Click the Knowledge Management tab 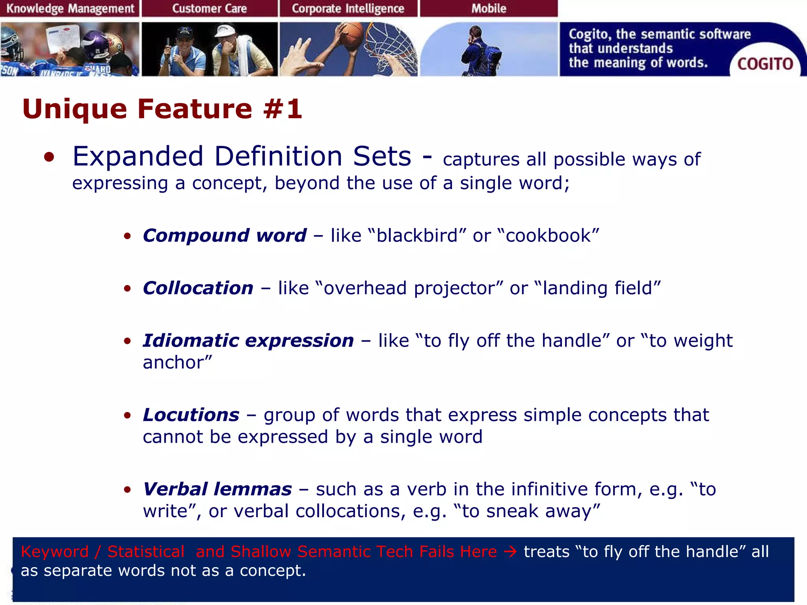[x=70, y=8]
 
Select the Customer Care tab [x=209, y=8]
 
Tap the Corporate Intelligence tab [x=348, y=8]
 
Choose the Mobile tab [x=489, y=8]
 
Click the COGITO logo [x=765, y=64]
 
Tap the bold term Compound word [x=225, y=236]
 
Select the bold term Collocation [x=198, y=288]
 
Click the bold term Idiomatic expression [x=248, y=341]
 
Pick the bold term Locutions [x=191, y=415]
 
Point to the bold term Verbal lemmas [x=217, y=489]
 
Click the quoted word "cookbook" [x=549, y=236]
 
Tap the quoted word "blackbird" [x=417, y=236]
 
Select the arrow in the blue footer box [x=510, y=551]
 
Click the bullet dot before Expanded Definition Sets [x=49, y=157]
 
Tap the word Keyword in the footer [x=54, y=551]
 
